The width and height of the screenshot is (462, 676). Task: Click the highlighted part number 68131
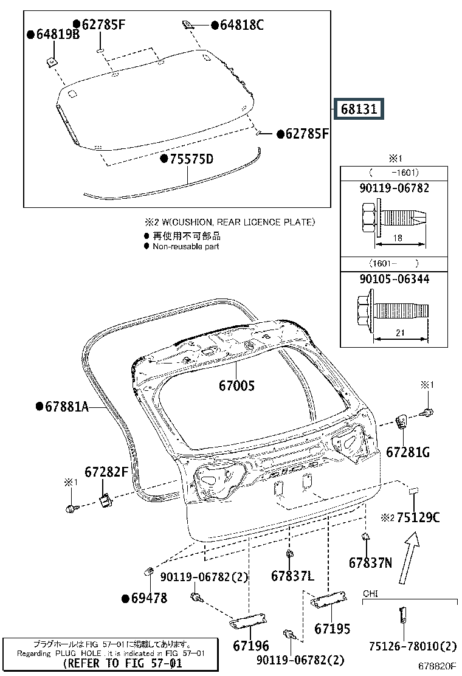click(359, 109)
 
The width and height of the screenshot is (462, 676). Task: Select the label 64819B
click(57, 35)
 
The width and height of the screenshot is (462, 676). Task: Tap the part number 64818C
click(242, 25)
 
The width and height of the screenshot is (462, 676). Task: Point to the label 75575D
click(191, 159)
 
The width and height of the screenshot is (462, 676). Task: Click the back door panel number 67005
click(237, 385)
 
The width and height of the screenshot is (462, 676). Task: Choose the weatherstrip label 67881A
click(66, 406)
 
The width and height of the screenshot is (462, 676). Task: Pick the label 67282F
click(106, 471)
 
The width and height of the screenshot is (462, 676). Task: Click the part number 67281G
click(408, 452)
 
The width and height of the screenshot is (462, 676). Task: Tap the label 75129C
click(418, 517)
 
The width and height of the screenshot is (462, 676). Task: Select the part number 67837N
click(371, 563)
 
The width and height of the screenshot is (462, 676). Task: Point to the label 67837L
click(292, 575)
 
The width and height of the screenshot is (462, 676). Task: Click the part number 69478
click(148, 598)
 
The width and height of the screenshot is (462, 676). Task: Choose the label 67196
click(251, 645)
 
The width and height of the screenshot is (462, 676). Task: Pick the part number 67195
click(333, 629)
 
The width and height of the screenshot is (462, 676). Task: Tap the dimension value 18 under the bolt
click(397, 238)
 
